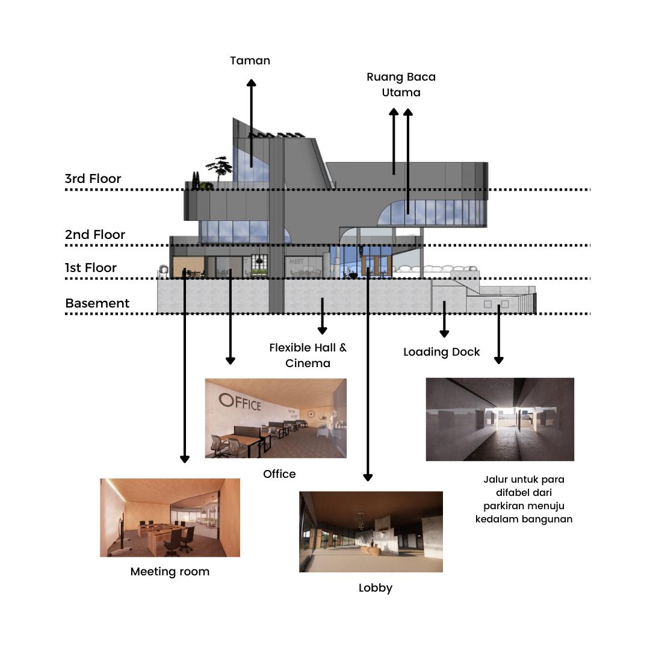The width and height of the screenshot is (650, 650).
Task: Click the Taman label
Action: coord(250,61)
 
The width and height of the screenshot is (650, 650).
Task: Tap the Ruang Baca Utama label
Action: coord(401,85)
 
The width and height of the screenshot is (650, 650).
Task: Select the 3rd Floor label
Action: coord(93,179)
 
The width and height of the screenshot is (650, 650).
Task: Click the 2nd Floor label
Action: coord(95,235)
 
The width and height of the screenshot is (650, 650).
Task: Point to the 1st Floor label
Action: coord(91,268)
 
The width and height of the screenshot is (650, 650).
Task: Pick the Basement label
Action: coord(97,303)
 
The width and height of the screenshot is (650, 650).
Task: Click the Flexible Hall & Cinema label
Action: coord(308,355)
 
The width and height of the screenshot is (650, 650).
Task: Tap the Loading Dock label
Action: coord(441,352)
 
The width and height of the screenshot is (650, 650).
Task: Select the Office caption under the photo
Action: coord(279,474)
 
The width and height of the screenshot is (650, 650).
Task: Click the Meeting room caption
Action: coord(170,572)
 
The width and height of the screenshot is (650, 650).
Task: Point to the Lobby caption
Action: coord(375,588)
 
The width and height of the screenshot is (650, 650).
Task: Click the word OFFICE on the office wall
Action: coord(240,401)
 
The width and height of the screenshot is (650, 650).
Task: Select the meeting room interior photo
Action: coord(170,518)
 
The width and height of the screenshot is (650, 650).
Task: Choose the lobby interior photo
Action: coord(371,531)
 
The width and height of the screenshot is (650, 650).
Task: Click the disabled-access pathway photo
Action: coord(500,419)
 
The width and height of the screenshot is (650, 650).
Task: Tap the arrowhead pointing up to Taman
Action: coord(251,84)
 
